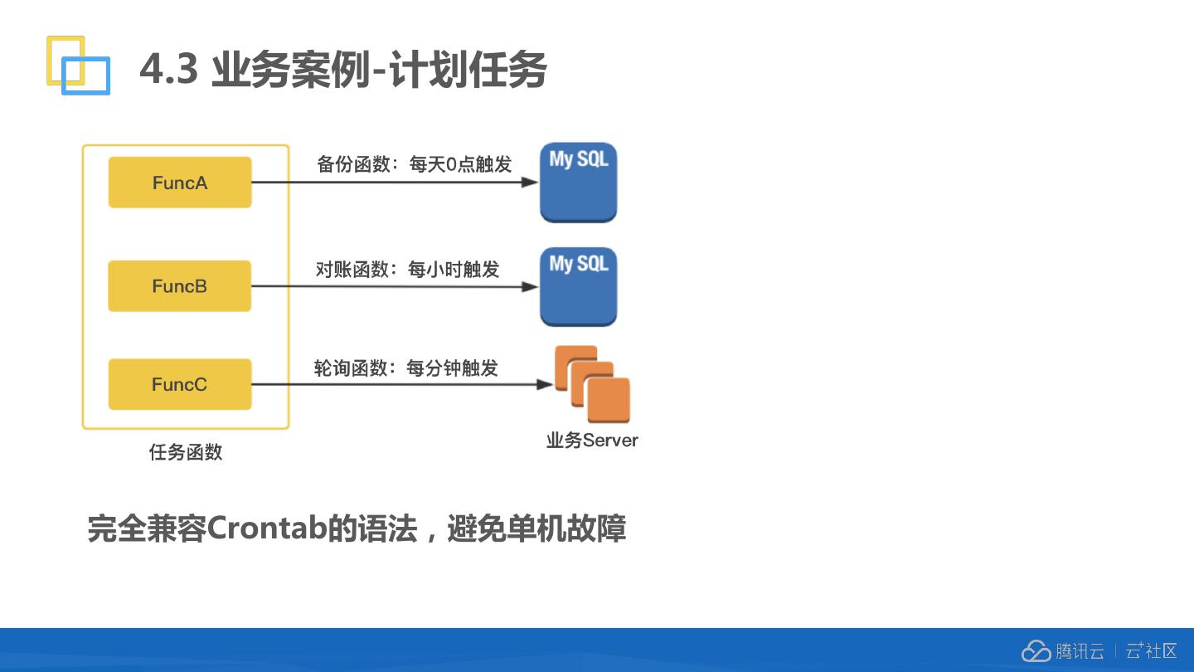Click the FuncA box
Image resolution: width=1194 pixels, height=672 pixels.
(180, 183)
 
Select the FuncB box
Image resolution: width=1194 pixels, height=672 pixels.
(179, 286)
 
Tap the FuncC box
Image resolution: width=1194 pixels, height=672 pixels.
(179, 384)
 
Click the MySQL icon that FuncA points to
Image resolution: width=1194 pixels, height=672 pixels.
(578, 183)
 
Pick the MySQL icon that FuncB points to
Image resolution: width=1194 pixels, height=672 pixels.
(578, 286)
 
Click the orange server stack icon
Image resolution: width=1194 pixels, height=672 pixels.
(592, 384)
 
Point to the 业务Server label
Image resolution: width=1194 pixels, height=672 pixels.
(592, 441)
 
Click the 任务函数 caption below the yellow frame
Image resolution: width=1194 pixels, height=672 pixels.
(186, 452)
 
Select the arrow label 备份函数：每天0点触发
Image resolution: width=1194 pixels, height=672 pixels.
(414, 164)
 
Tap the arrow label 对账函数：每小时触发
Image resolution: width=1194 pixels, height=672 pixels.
(407, 270)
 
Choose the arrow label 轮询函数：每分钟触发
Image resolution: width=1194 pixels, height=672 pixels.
(405, 368)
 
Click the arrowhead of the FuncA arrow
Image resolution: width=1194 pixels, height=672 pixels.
(530, 183)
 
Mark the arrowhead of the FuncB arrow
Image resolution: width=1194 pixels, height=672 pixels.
(530, 287)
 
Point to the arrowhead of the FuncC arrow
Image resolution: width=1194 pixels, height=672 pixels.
(545, 384)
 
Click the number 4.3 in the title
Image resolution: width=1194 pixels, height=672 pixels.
(169, 69)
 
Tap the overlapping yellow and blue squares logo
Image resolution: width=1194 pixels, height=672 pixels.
(78, 65)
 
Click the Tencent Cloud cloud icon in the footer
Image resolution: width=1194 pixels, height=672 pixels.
(1036, 651)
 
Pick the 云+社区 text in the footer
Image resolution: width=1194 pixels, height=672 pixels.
(1151, 651)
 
